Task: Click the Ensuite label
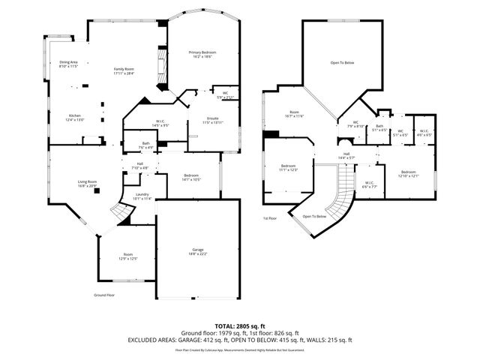click(x=213, y=120)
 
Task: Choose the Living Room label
click(x=88, y=183)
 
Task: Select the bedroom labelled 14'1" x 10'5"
click(x=187, y=176)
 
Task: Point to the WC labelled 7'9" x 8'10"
click(x=355, y=124)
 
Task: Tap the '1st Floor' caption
click(x=270, y=218)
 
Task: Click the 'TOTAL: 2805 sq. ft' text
click(x=239, y=326)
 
